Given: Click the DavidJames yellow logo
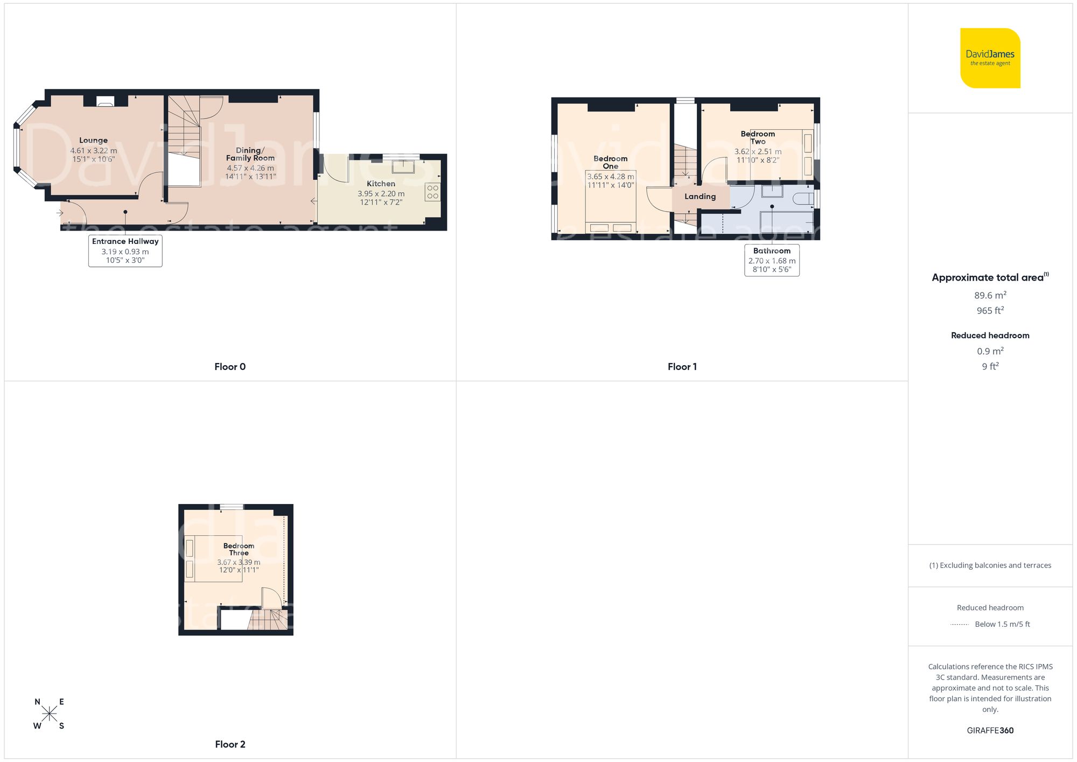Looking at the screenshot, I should [x=990, y=58].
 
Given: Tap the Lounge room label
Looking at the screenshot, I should [x=93, y=141].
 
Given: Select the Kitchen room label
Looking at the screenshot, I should [x=381, y=184].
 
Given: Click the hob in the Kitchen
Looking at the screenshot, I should [x=432, y=192].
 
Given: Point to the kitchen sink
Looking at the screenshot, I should [x=403, y=166].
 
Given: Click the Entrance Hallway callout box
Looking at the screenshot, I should [x=125, y=251].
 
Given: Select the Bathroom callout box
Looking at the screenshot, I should [x=772, y=260].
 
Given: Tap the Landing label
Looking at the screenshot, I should [x=700, y=197].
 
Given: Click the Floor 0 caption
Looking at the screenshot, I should [x=230, y=367].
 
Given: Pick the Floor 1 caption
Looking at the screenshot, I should [x=682, y=367].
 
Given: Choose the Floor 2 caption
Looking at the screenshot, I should [x=230, y=744].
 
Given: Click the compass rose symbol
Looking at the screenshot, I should [x=49, y=714].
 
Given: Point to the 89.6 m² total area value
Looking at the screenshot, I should [x=990, y=295].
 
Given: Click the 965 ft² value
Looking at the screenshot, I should [x=990, y=311].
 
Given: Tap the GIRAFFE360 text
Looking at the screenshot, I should [x=990, y=731].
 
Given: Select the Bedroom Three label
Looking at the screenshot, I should [x=239, y=549].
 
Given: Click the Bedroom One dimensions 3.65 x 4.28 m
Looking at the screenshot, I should [x=610, y=177].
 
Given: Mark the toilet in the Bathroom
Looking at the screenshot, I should [x=803, y=199].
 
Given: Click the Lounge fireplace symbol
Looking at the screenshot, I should [x=105, y=101].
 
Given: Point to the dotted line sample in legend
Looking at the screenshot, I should [x=960, y=625].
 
